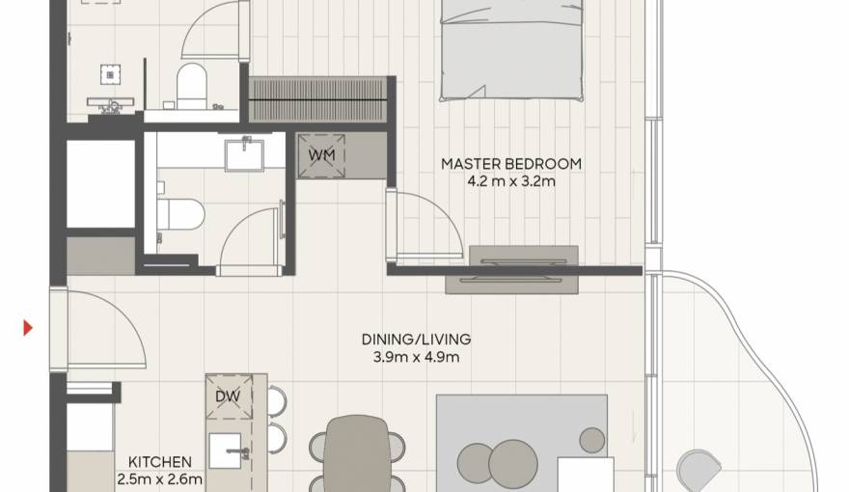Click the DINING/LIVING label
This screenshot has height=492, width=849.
click(416, 340)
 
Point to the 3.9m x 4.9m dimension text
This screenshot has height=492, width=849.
click(416, 357)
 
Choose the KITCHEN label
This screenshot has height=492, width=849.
click(159, 462)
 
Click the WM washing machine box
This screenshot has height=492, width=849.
click(322, 155)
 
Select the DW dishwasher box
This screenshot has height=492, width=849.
click(229, 396)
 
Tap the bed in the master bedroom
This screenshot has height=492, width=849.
click(511, 48)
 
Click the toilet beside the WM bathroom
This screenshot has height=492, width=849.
click(180, 211)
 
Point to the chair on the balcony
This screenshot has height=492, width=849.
click(698, 470)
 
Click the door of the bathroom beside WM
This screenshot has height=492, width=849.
click(251, 241)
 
